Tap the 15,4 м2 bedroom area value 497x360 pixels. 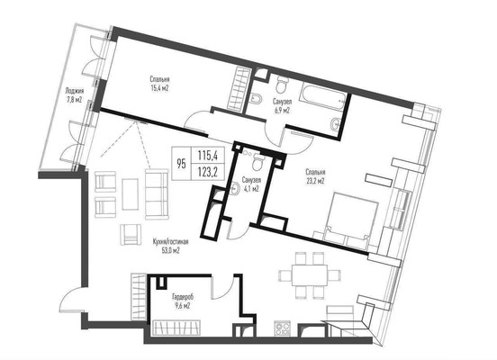click(159, 88)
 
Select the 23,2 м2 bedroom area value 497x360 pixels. click(315, 181)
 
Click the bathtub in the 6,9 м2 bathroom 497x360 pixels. click(323, 96)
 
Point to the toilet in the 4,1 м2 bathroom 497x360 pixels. click(258, 162)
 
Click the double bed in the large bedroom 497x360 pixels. click(350, 220)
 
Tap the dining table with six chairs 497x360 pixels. click(309, 275)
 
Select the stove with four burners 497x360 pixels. click(282, 328)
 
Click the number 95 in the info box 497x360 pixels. click(181, 164)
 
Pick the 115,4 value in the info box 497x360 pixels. click(207, 156)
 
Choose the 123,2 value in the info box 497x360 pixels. click(207, 172)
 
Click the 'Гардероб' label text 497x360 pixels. click(183, 297)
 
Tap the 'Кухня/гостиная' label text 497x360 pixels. click(170, 242)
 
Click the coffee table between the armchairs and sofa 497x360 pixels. click(131, 194)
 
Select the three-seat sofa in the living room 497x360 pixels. click(157, 194)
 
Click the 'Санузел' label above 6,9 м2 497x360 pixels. click(282, 102)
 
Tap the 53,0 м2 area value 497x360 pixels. click(170, 251)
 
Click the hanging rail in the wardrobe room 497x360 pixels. click(176, 328)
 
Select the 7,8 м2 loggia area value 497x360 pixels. click(74, 100)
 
